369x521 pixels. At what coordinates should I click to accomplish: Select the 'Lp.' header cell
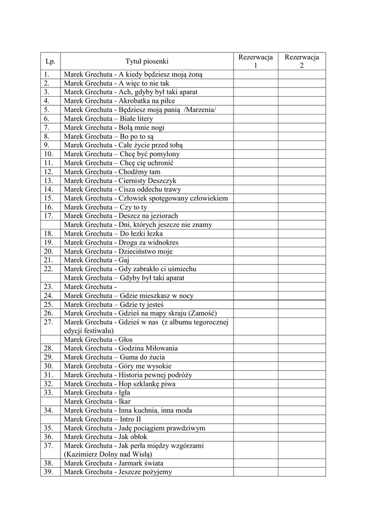click(x=50, y=62)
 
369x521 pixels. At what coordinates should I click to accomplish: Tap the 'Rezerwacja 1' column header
click(x=256, y=62)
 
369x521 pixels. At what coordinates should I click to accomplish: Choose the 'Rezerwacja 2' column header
click(x=301, y=62)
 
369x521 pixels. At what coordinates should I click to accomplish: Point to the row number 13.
click(x=49, y=181)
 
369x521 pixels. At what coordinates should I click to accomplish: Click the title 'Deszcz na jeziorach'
click(x=155, y=216)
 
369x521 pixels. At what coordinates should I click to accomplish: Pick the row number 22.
click(x=49, y=269)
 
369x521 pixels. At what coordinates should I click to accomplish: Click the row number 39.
click(x=49, y=472)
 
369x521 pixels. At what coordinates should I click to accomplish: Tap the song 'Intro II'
click(x=131, y=419)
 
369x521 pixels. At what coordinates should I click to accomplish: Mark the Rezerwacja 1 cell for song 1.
click(x=256, y=75)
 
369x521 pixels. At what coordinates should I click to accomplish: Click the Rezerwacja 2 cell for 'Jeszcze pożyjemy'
click(x=301, y=472)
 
